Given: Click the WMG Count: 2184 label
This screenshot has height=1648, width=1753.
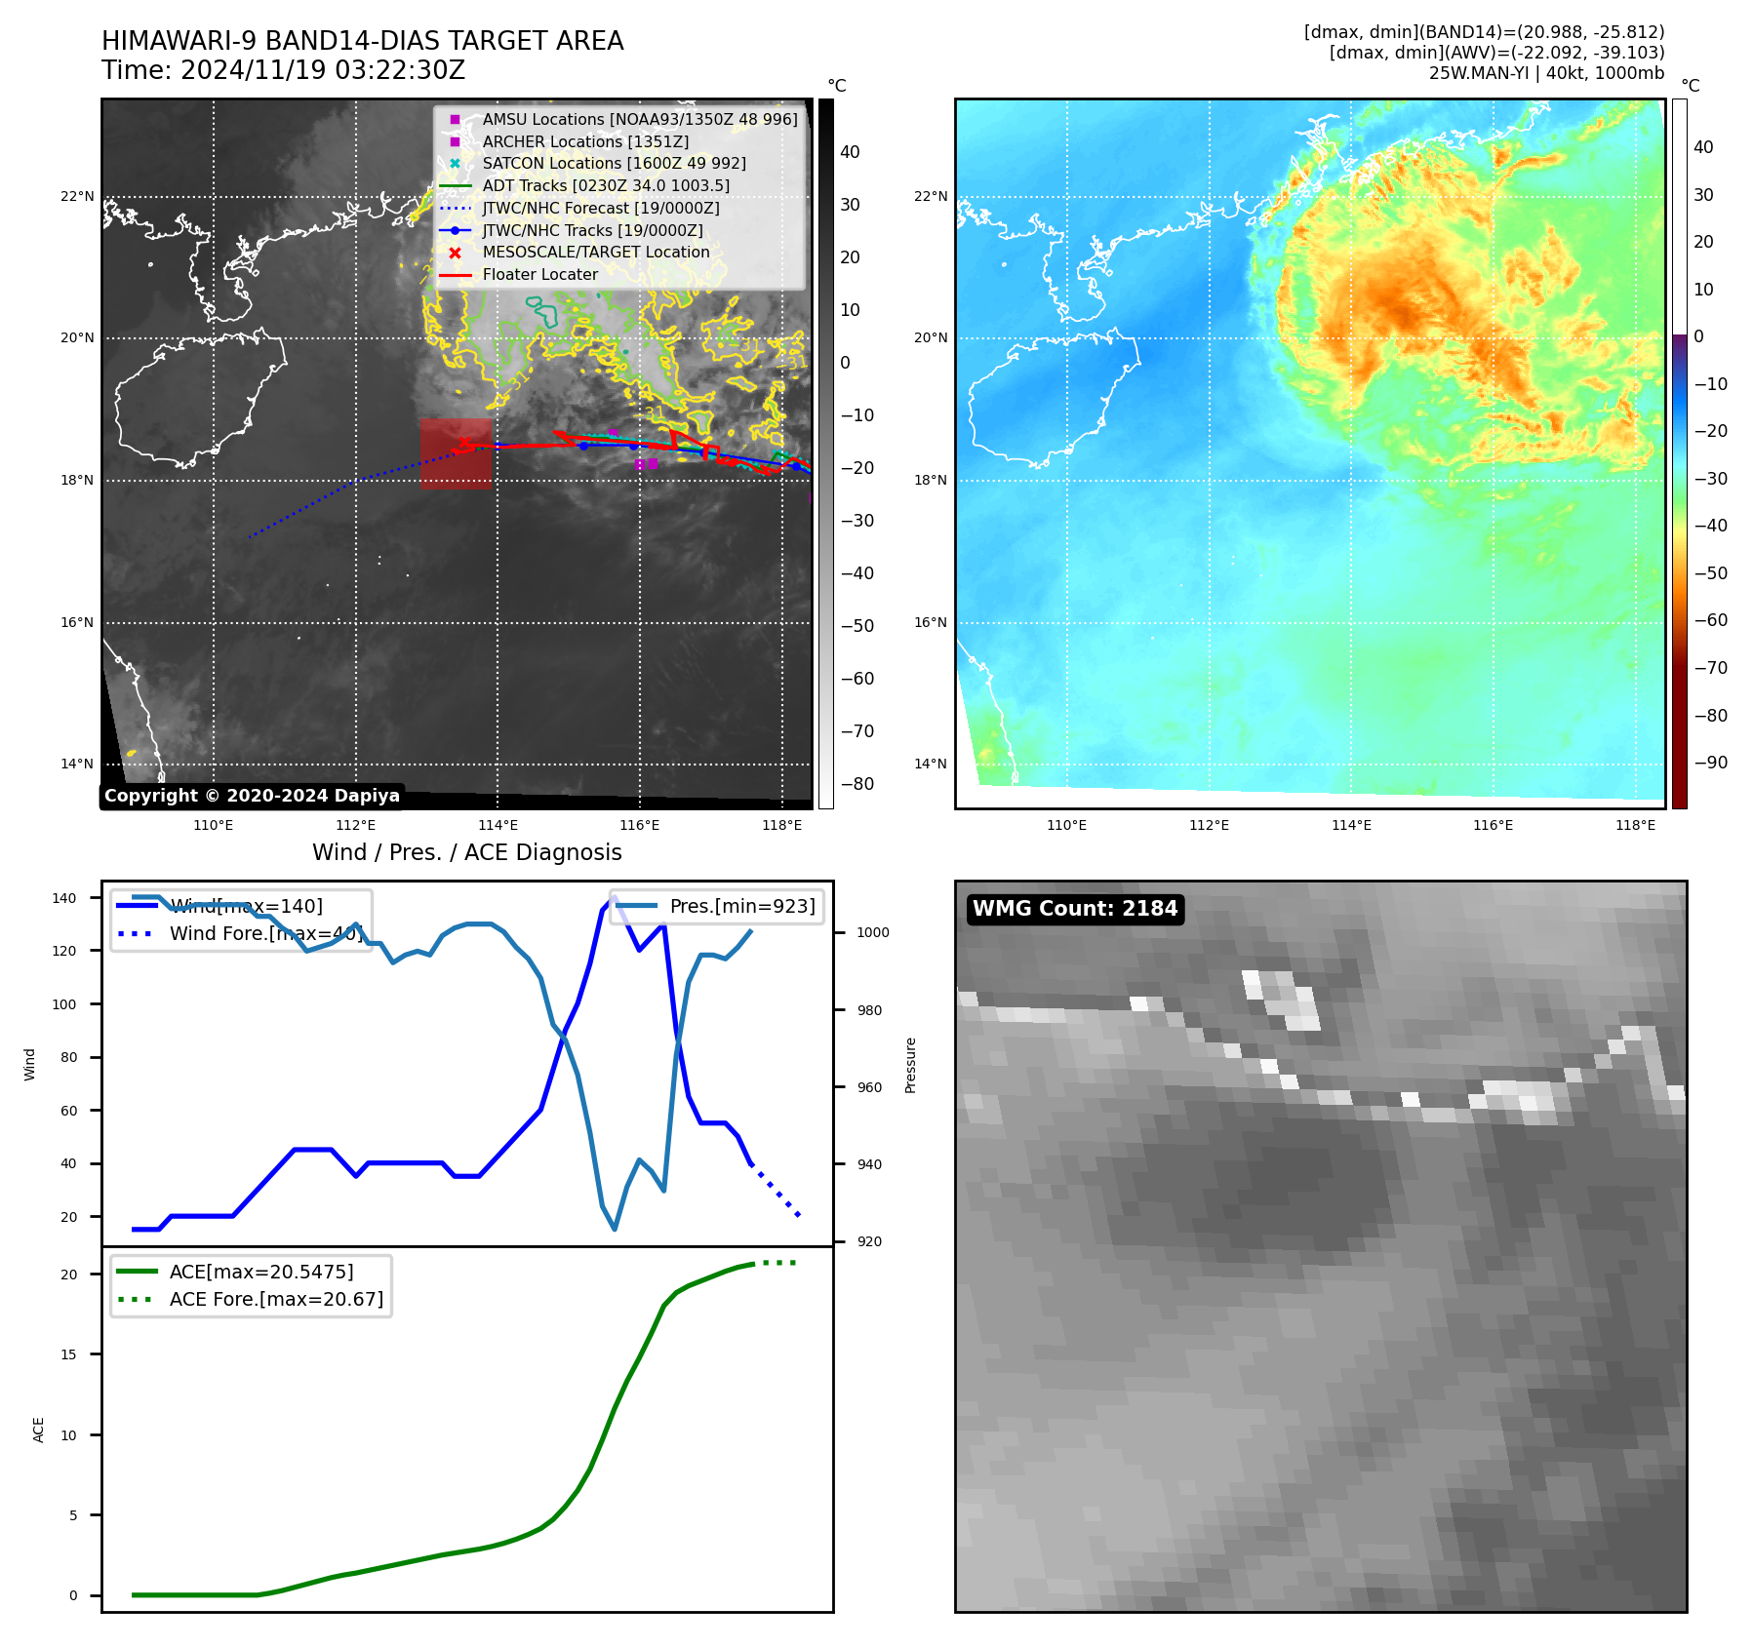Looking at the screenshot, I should tap(1075, 909).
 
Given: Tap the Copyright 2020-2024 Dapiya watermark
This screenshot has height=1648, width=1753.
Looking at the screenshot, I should tap(252, 796).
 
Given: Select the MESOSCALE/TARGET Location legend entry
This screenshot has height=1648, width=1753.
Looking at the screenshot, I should tap(595, 253).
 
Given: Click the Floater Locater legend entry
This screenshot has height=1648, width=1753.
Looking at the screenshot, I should tap(539, 275).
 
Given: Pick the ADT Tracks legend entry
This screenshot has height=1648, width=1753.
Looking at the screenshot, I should tap(605, 186).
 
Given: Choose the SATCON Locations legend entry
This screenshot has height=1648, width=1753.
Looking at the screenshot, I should tap(614, 164).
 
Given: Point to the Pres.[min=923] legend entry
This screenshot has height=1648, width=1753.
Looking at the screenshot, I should tap(741, 906).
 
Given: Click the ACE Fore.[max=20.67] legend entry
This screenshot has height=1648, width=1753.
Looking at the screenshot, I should tap(276, 1299).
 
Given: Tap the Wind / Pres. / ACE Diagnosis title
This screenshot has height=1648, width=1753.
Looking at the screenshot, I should tap(466, 852).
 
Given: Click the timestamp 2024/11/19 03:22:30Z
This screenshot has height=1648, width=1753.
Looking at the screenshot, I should tap(323, 71).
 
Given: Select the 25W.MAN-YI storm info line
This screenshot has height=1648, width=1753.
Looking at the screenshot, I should tap(1546, 73).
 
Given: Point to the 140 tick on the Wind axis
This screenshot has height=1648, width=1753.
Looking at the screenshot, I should tap(64, 898).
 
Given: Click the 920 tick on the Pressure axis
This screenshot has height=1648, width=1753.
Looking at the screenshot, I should tap(869, 1241).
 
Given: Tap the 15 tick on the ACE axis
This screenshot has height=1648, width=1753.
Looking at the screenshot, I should tap(68, 1354).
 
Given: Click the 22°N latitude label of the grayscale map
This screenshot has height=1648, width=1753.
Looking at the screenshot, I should tap(77, 197).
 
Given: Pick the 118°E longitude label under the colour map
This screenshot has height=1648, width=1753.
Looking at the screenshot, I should tap(1635, 825).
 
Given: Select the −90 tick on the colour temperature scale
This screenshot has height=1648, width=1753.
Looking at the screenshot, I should tap(1710, 763).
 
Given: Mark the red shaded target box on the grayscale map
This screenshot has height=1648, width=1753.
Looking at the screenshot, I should tap(456, 453).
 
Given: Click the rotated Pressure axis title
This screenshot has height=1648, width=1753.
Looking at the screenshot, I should tap(910, 1065).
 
